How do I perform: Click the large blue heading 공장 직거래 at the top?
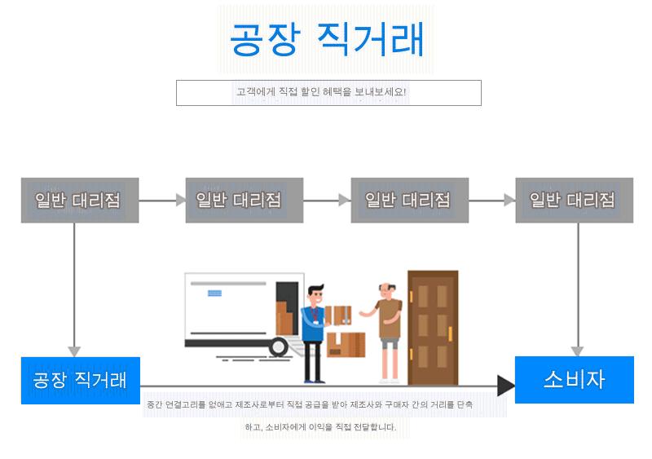(x=326, y=39)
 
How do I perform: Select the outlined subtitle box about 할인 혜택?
(x=328, y=92)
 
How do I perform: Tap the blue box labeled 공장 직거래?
(x=80, y=380)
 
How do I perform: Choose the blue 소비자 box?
(x=574, y=379)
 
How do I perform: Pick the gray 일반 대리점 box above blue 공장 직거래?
(x=79, y=200)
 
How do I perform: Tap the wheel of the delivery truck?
(x=279, y=346)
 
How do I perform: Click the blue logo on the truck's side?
(x=216, y=292)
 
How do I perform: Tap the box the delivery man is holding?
(x=339, y=315)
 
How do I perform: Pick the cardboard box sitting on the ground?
(x=346, y=344)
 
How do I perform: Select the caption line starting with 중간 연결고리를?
(x=310, y=404)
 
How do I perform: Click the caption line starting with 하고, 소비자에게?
(x=320, y=426)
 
